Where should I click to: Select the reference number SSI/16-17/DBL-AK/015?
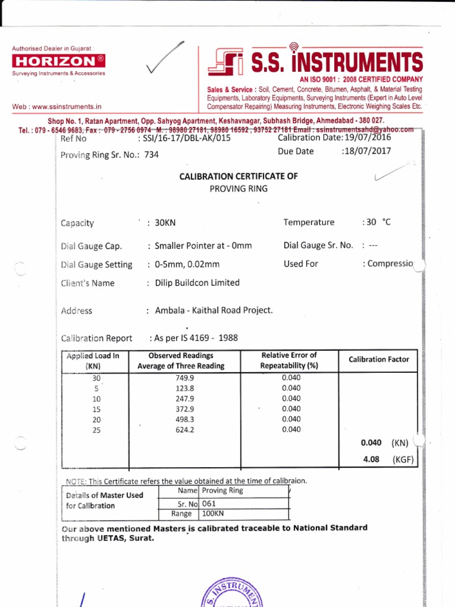[x=191, y=139]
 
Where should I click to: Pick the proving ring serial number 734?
[x=152, y=155]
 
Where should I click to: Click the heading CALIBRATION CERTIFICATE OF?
[x=239, y=176]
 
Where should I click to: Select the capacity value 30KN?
[x=166, y=223]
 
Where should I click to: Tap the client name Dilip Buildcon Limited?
[x=197, y=283]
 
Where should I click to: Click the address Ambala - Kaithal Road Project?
[x=214, y=310]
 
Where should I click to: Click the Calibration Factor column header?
[x=379, y=359]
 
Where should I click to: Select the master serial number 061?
[x=210, y=503]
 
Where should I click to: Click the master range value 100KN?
[x=213, y=514]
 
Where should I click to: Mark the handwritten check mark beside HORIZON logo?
[x=165, y=59]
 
